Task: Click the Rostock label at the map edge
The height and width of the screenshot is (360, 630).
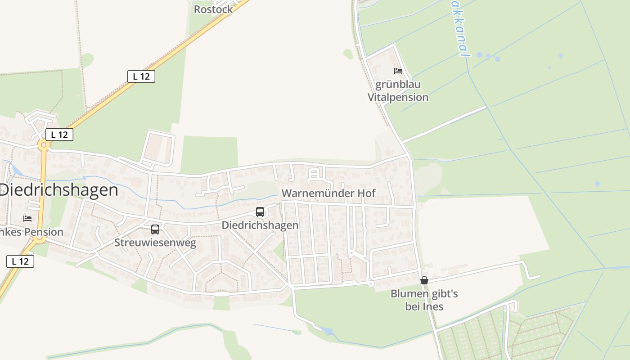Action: pos(213,9)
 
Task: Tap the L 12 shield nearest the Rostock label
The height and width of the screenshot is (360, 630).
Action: pos(141,76)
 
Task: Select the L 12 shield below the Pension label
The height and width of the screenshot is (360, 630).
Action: pos(20,261)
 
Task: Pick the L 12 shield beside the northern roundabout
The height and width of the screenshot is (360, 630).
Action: pos(59,134)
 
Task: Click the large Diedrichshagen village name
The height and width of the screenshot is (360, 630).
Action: pos(58,190)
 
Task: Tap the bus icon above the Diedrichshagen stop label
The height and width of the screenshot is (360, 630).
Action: pos(260,212)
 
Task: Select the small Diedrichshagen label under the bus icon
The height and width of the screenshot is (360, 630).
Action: pos(260,225)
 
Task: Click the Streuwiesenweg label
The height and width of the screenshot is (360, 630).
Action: pos(155,243)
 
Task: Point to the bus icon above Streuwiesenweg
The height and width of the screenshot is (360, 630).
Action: pos(155,229)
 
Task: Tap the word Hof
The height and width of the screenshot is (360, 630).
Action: pos(366,193)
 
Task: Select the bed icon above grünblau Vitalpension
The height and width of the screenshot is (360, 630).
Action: pos(398,71)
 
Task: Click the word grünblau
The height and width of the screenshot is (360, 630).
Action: pos(398,85)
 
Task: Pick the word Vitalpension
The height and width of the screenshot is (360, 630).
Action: pos(398,97)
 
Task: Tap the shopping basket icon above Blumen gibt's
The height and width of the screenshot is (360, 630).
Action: pos(424,280)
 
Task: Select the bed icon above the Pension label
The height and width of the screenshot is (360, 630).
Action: pos(27,219)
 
